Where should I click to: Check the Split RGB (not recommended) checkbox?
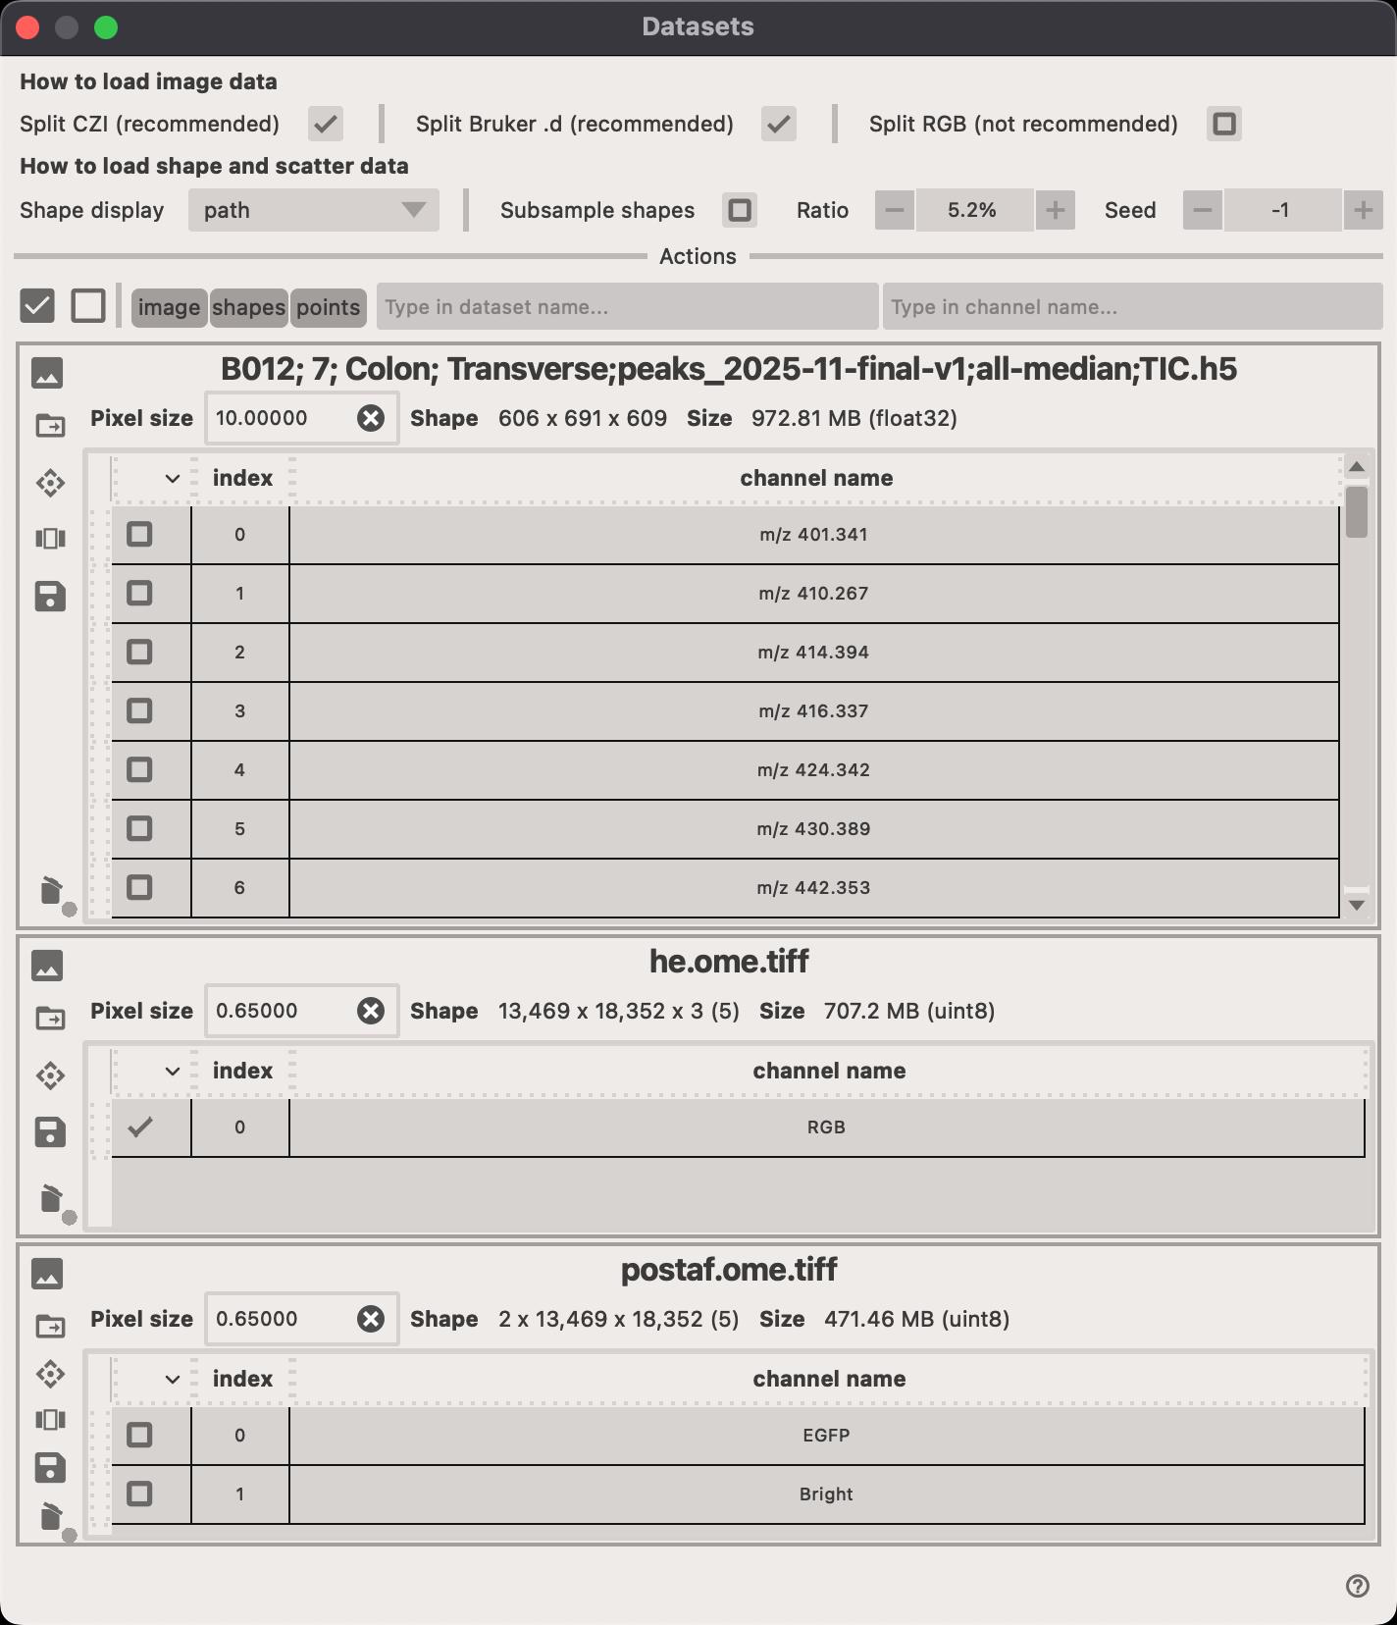point(1223,124)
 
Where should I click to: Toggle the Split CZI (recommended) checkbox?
point(325,124)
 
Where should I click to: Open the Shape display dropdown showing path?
point(313,210)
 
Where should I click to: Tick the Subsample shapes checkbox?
point(740,210)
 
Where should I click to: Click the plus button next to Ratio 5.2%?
point(1055,210)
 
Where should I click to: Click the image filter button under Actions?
point(169,307)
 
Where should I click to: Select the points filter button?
point(328,307)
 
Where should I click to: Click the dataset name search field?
point(627,307)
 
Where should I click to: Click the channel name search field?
point(1131,307)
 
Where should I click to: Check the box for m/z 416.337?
point(139,710)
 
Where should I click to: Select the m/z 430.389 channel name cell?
point(813,829)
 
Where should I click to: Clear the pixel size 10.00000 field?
point(371,419)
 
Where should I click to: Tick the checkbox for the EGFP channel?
point(139,1435)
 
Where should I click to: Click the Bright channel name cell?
point(825,1494)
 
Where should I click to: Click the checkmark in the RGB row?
point(140,1127)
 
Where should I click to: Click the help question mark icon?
point(1357,1587)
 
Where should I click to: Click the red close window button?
point(27,27)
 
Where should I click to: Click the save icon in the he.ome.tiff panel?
point(50,1131)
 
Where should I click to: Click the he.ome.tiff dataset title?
point(729,962)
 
